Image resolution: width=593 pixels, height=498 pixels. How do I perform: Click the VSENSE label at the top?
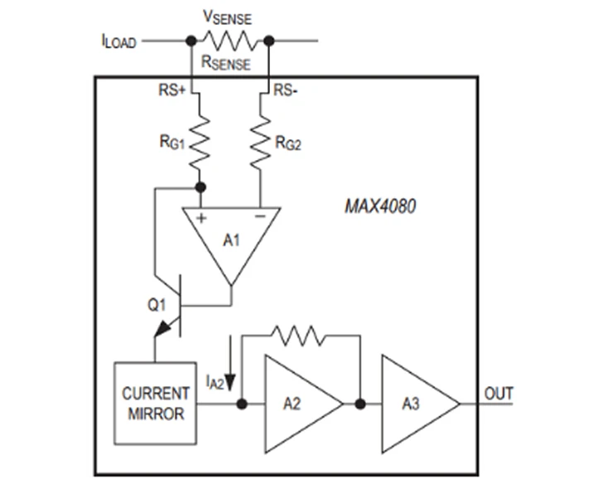click(227, 17)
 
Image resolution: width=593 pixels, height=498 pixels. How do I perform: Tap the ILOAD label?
click(118, 41)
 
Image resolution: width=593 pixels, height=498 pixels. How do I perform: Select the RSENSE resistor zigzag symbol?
click(230, 41)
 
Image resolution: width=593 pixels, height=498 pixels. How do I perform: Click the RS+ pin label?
click(171, 90)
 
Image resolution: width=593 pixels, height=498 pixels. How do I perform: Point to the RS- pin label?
click(286, 90)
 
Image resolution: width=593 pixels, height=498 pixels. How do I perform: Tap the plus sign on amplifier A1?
click(201, 218)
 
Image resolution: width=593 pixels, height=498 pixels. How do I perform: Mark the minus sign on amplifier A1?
click(260, 216)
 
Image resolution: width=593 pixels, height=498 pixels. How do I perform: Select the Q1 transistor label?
click(157, 305)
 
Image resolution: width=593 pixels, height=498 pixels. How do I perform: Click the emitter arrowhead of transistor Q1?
click(162, 328)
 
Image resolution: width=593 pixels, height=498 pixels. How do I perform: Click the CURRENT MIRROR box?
click(156, 404)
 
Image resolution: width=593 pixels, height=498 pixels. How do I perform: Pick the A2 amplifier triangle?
click(304, 404)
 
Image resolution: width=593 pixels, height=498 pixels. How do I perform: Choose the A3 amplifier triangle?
click(421, 404)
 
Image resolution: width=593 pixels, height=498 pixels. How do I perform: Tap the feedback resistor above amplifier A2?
click(299, 336)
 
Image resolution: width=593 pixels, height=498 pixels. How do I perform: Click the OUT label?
click(499, 394)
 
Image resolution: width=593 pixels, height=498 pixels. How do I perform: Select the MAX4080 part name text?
click(380, 206)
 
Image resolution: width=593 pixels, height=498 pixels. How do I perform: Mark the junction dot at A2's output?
click(360, 404)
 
